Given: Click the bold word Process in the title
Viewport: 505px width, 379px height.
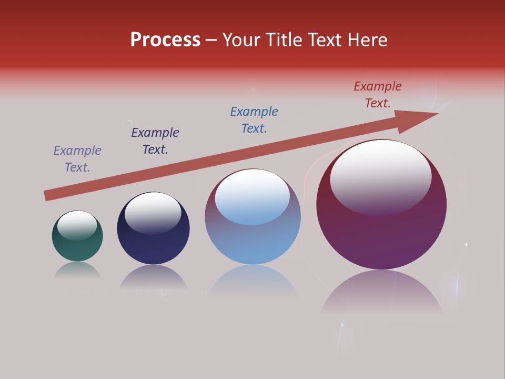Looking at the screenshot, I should (x=165, y=40).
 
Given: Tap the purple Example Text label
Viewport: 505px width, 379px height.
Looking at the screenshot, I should (x=77, y=159).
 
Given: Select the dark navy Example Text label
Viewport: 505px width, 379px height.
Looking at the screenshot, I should (x=155, y=141).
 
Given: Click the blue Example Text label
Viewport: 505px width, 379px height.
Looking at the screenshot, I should (x=254, y=120).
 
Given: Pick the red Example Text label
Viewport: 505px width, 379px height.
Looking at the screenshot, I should (x=378, y=95).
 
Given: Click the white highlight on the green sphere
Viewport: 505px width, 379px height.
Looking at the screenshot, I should (x=77, y=225).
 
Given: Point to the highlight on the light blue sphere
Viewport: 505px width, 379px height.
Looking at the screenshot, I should (x=252, y=196).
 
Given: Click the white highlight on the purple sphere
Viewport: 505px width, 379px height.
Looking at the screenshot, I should (x=380, y=176).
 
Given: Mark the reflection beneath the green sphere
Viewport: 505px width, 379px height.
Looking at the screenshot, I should (x=78, y=271).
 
